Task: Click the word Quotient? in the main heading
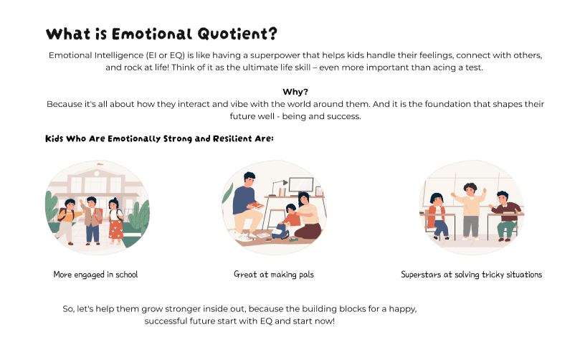(237, 34)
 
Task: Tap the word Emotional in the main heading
(152, 34)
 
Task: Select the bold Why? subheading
(295, 92)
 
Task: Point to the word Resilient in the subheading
(232, 138)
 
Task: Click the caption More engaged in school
(95, 275)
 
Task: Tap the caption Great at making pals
(274, 275)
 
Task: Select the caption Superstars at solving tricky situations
(471, 275)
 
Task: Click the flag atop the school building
(100, 164)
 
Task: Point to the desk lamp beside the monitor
(279, 188)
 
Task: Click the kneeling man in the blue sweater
(246, 204)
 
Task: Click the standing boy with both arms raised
(470, 211)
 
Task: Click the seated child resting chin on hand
(438, 216)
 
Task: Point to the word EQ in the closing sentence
(266, 321)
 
